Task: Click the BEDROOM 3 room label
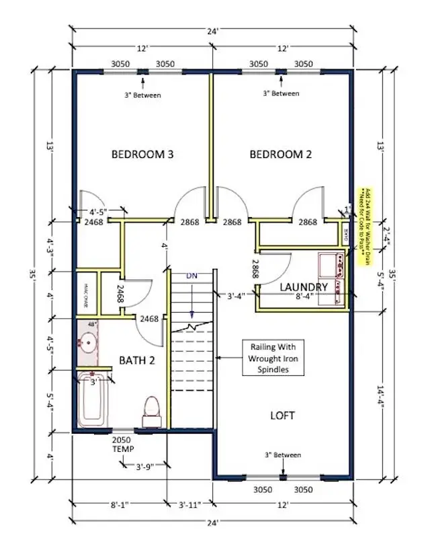coord(142,155)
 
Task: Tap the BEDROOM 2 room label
coord(281,155)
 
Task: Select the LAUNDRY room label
coord(303,287)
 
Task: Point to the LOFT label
coord(282,416)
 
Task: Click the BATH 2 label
coord(137,360)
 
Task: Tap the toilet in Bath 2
coord(151,409)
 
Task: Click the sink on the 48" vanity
coord(87,343)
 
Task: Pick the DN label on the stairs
coord(192,275)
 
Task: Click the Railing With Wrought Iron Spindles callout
coord(273,358)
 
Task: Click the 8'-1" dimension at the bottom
coord(118,504)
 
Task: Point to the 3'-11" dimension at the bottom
coord(189,504)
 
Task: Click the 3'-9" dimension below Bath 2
coord(146,465)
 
